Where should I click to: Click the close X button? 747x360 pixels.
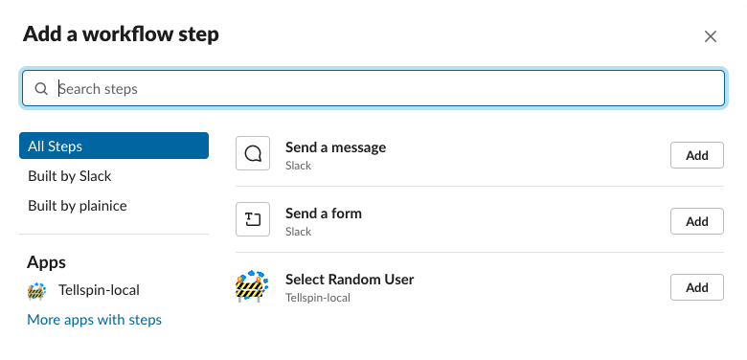(711, 36)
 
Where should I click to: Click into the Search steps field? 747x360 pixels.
(383, 88)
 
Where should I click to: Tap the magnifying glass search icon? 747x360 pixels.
(41, 89)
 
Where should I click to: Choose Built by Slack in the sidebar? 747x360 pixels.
(70, 176)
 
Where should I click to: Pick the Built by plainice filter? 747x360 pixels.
(78, 206)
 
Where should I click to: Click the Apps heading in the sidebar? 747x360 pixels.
(46, 261)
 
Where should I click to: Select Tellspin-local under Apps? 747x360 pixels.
(98, 289)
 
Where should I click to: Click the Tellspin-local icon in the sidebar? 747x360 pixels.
(37, 290)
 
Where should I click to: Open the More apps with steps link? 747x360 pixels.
(95, 320)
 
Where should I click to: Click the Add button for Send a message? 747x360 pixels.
(696, 155)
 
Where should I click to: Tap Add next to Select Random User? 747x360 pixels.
(696, 287)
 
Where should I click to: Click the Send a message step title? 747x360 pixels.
(335, 147)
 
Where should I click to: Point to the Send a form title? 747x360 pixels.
(324, 214)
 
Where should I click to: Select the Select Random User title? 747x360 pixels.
(350, 280)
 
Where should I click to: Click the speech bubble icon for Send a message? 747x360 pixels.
(253, 154)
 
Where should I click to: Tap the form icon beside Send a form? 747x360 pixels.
(253, 220)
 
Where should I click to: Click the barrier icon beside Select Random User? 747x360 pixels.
(252, 286)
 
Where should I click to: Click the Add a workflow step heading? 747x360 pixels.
(121, 34)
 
